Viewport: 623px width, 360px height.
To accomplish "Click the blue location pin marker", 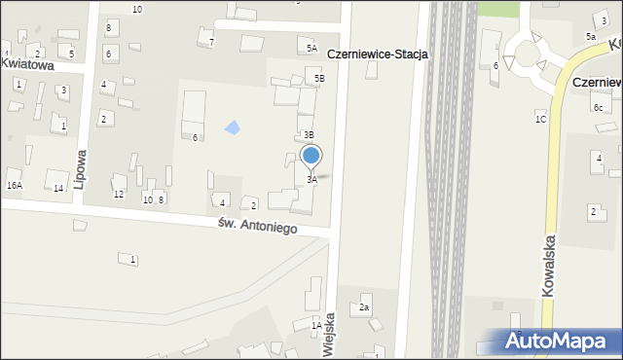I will click(311, 156).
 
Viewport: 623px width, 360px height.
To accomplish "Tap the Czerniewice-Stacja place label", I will click(378, 55).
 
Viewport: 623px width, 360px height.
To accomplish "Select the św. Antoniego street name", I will click(257, 226).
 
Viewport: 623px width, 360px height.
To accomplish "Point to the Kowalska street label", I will click(551, 263).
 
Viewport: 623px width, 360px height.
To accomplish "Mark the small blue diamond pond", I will click(232, 126).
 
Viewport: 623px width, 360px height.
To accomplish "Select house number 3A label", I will click(311, 180).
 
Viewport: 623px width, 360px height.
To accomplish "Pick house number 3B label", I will click(309, 135).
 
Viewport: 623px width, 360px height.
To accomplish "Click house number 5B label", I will click(318, 77).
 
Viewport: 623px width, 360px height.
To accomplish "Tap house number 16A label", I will click(15, 185).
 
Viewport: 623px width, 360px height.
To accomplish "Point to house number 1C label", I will click(540, 119).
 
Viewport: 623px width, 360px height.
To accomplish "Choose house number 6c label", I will click(598, 107).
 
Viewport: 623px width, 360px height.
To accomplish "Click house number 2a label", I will click(364, 307).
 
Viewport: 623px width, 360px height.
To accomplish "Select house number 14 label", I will click(58, 188).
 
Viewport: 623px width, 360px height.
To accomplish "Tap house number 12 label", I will click(119, 195).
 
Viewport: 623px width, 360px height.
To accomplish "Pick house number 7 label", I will click(211, 42).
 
